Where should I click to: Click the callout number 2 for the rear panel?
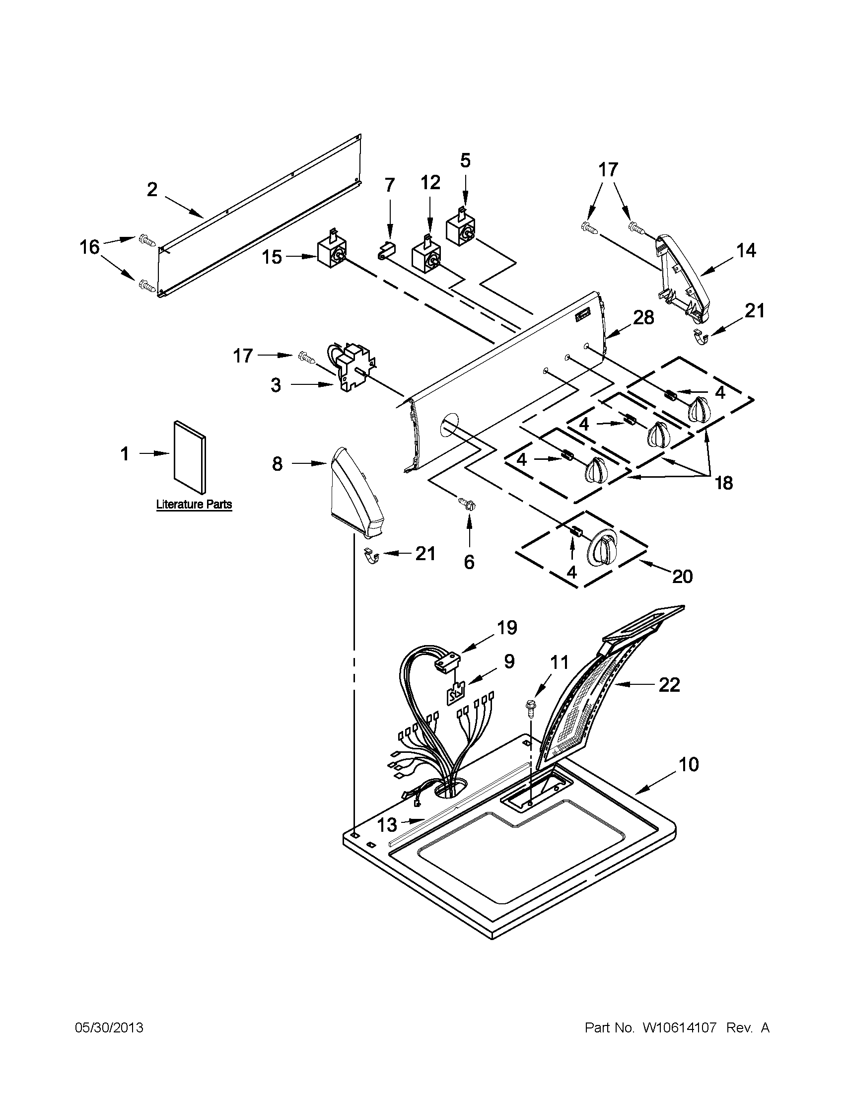[x=152, y=189]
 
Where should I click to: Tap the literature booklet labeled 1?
[x=189, y=457]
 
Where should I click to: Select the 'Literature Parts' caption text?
[x=194, y=504]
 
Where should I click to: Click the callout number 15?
[x=273, y=257]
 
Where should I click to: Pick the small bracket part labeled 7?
[x=387, y=250]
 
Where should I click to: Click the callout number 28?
[x=643, y=317]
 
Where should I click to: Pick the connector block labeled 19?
[x=447, y=663]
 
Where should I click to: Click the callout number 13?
[x=387, y=824]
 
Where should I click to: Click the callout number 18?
[x=723, y=483]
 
